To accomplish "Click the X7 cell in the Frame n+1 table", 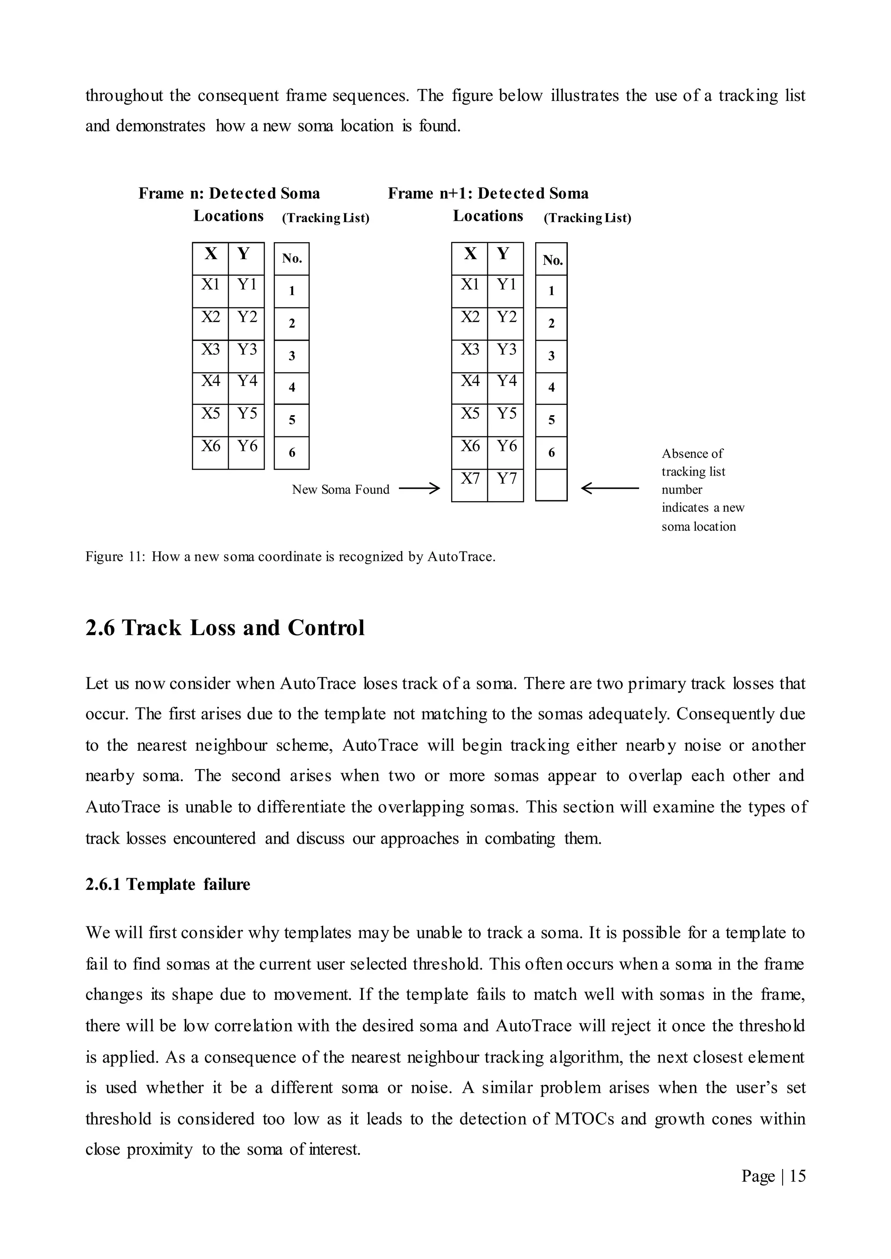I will tap(469, 485).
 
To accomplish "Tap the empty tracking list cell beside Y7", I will tap(551, 485).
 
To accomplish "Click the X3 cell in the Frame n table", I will tap(210, 356).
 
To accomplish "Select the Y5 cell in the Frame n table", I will tap(246, 420).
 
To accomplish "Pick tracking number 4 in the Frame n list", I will tap(291, 388).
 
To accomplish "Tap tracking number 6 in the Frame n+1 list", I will tap(551, 453).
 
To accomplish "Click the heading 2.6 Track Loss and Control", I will tap(225, 628).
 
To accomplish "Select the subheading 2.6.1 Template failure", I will tap(168, 885).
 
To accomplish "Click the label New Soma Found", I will tap(340, 490).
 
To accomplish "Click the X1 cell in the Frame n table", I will tap(210, 291).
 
